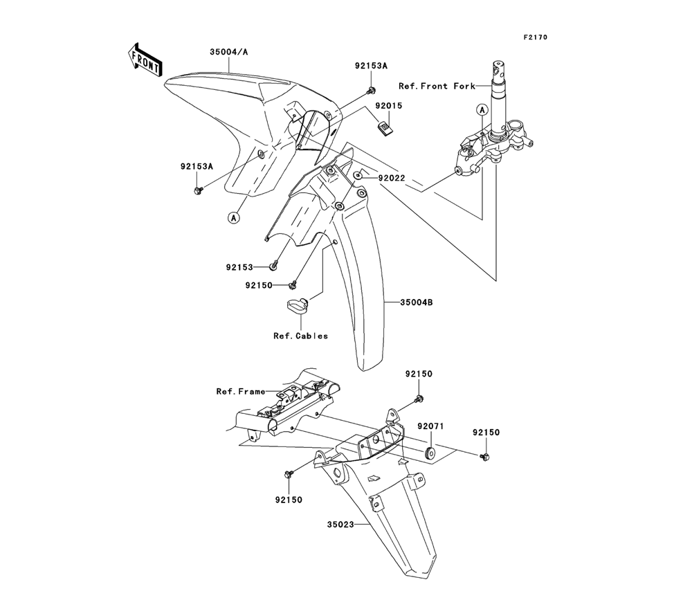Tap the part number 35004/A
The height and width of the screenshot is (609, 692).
point(230,51)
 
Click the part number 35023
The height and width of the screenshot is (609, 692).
point(341,525)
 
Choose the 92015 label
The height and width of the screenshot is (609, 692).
point(389,107)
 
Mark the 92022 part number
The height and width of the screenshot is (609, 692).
point(391,178)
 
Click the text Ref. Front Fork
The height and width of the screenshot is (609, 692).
point(446,87)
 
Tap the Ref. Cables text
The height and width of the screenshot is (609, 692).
point(300,336)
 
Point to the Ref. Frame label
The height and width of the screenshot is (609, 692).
point(240,392)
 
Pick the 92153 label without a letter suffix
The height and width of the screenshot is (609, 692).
point(239,266)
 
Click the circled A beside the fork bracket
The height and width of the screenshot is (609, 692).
point(481,109)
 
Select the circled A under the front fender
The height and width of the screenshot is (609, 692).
point(234,217)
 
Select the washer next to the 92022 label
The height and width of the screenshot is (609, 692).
point(358,176)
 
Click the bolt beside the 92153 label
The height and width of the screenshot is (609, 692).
point(275,264)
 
